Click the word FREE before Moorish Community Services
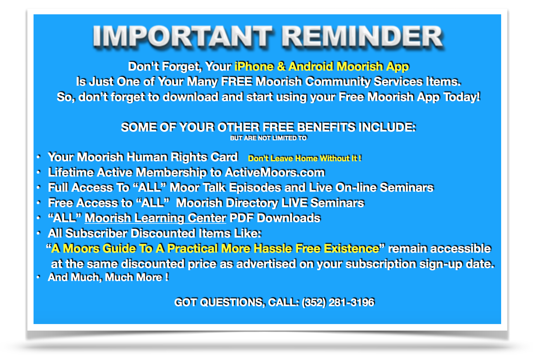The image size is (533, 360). pyautogui.click(x=236, y=82)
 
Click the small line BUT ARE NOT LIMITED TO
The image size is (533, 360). pyautogui.click(x=268, y=138)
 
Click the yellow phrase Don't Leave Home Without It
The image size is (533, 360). pyautogui.click(x=304, y=158)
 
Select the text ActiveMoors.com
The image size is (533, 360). pyautogui.click(x=275, y=172)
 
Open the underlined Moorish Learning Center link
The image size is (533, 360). pyautogui.click(x=155, y=218)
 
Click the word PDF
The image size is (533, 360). pyautogui.click(x=241, y=218)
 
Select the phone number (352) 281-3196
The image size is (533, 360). pyautogui.click(x=338, y=302)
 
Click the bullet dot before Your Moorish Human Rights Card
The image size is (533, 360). pyautogui.click(x=38, y=157)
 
